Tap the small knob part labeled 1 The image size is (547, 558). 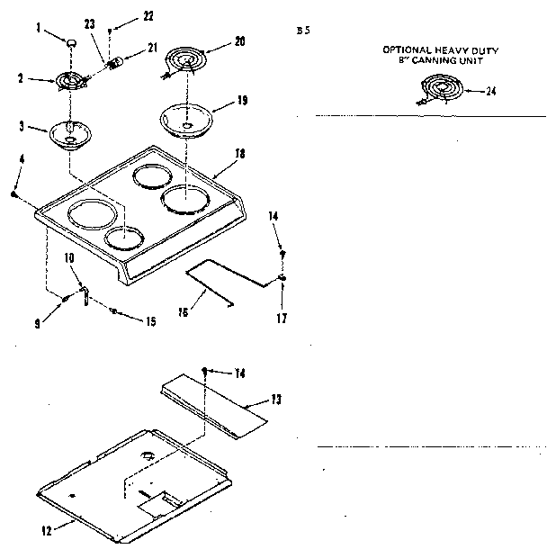coord(69,41)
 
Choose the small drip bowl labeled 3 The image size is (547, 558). coord(69,134)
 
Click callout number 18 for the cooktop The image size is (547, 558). coord(239,154)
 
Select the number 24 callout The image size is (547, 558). coord(490,91)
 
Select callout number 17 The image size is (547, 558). coord(282,318)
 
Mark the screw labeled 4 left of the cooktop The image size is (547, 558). coord(15,193)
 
